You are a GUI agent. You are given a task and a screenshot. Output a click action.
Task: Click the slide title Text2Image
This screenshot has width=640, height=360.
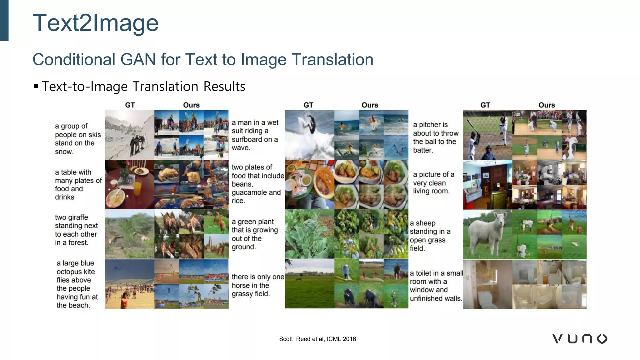click(x=95, y=23)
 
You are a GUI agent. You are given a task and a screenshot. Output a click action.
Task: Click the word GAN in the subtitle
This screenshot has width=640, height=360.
click(x=138, y=59)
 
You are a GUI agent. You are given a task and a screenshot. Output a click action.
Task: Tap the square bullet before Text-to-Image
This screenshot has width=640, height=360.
click(x=36, y=86)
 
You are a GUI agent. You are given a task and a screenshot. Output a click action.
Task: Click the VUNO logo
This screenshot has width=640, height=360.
click(x=580, y=339)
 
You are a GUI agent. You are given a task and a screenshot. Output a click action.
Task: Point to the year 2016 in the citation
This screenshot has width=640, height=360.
click(x=349, y=339)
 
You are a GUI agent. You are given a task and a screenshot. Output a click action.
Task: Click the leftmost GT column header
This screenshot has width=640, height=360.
click(x=130, y=105)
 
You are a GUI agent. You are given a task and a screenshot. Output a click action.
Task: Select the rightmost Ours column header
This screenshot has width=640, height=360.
click(x=546, y=105)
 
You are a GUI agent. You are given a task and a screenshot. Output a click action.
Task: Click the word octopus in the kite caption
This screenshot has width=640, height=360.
click(x=76, y=272)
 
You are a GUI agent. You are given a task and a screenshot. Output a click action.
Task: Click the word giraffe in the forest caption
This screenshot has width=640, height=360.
click(x=78, y=217)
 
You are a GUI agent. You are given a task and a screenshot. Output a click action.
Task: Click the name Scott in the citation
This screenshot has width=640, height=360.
click(x=286, y=339)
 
